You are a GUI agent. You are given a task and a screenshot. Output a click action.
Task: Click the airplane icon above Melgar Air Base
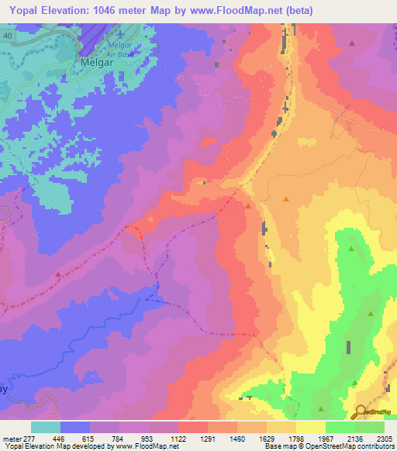[x=119, y=36]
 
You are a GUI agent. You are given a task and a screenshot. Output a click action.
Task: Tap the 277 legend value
[x=29, y=438]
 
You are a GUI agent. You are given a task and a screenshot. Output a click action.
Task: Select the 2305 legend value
[x=385, y=438]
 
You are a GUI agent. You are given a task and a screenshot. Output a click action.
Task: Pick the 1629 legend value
[x=268, y=438]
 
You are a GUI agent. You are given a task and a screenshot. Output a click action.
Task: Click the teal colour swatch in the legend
[x=45, y=426]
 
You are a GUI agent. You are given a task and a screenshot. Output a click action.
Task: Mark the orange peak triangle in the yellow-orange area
[x=286, y=200]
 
